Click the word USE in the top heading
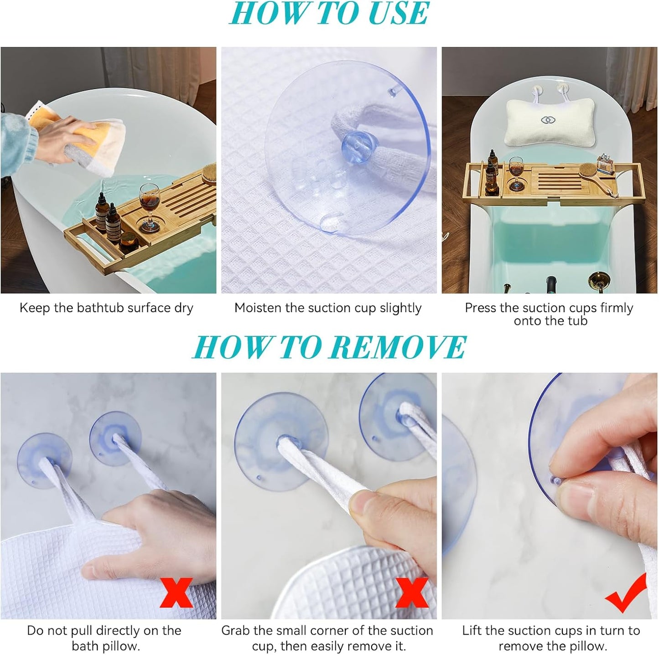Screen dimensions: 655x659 click(x=398, y=14)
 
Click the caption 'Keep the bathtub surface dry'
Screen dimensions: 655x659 click(x=106, y=308)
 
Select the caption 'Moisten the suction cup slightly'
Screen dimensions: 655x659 click(x=327, y=308)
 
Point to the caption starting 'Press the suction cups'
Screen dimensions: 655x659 click(x=549, y=314)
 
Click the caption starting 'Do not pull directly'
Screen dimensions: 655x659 click(x=104, y=638)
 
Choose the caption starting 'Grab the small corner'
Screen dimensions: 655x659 click(x=327, y=638)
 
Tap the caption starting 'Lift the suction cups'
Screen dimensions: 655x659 click(x=551, y=638)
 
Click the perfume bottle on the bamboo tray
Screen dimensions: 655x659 click(x=605, y=165)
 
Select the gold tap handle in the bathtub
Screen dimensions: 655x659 click(x=597, y=278)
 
